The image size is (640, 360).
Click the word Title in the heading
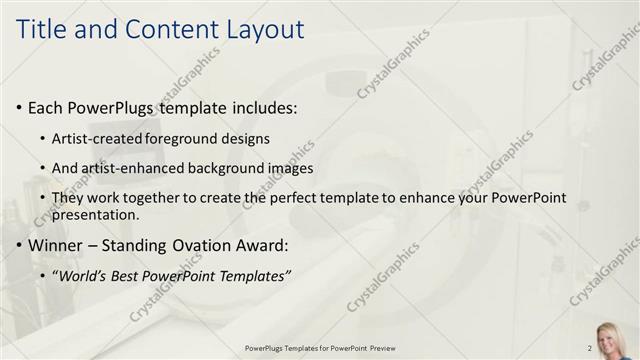coord(44,29)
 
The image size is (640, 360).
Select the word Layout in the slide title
coord(261,29)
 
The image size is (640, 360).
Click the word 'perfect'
coord(304,198)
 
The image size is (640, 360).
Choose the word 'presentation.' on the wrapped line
coord(95,214)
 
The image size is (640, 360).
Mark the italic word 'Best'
coord(127,275)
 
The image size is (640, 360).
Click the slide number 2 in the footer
coord(589,348)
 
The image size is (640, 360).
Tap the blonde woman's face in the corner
coord(609,337)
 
